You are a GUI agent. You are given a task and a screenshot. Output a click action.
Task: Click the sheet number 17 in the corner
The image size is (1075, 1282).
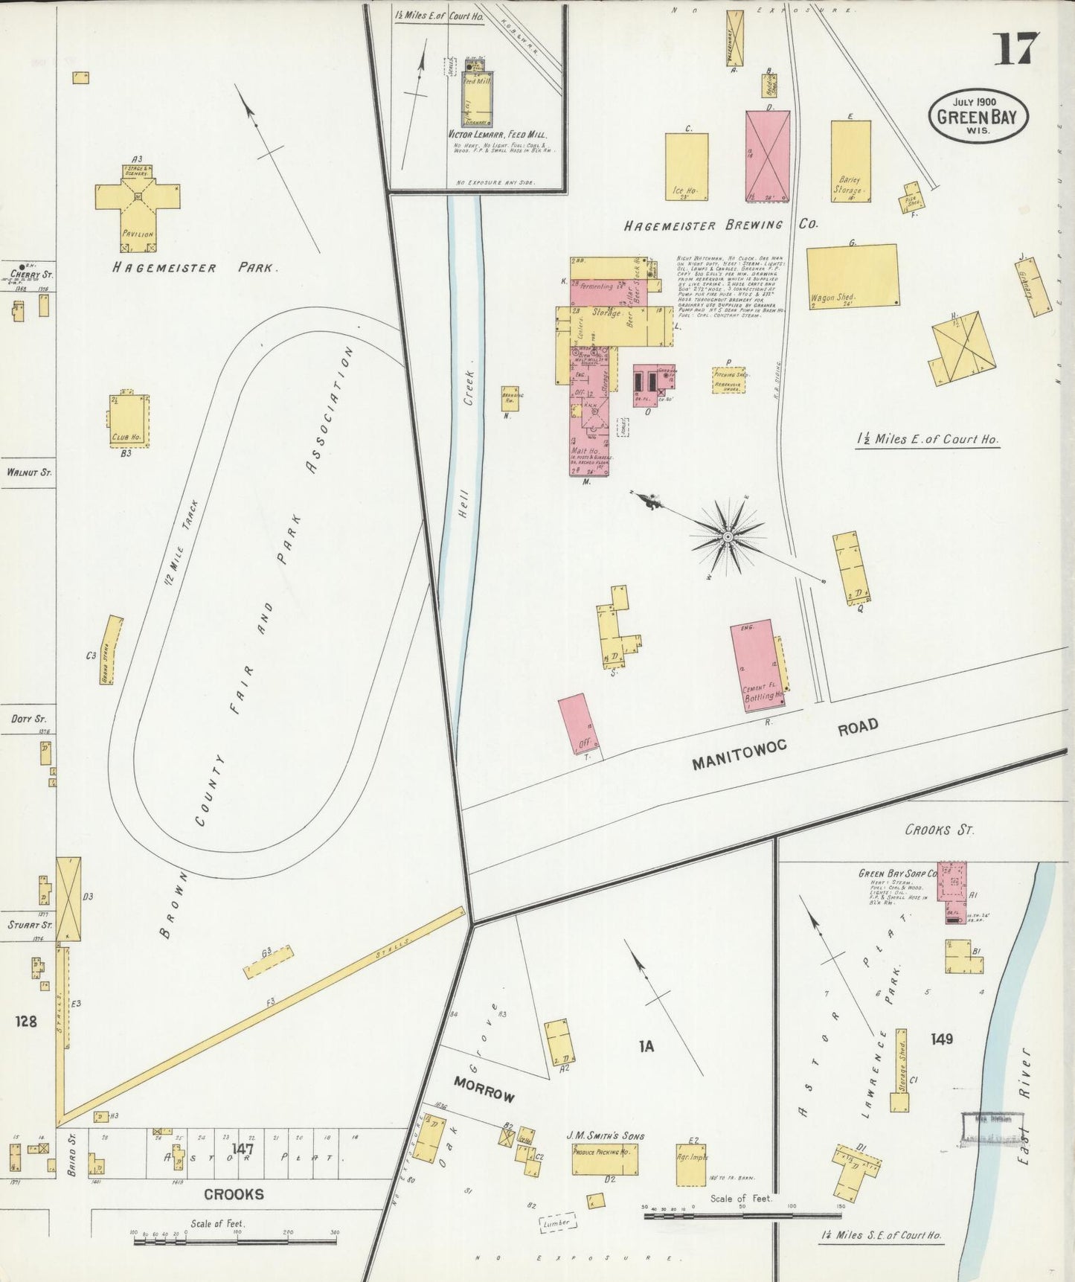[1015, 49]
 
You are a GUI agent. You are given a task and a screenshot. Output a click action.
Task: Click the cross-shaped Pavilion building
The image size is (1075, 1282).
[138, 199]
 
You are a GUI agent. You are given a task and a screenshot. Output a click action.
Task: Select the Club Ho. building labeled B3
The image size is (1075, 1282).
[129, 420]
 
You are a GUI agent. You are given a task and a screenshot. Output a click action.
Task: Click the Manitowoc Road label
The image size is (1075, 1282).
[785, 744]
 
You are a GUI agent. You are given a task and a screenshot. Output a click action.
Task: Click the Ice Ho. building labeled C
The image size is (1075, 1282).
[686, 167]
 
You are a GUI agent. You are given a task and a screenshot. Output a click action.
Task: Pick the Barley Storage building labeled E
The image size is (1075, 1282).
[850, 160]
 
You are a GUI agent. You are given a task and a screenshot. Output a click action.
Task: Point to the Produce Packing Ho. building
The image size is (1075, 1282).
[605, 1159]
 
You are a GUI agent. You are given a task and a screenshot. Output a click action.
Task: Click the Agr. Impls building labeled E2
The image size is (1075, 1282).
[691, 1164]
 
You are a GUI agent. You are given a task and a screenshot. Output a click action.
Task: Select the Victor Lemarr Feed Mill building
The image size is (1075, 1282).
[476, 97]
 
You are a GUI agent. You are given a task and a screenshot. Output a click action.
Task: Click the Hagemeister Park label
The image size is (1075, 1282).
[195, 268]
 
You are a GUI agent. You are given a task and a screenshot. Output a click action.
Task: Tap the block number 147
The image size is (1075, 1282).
[243, 1149]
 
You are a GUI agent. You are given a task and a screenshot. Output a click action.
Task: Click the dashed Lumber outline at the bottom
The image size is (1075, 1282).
[556, 1222]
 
